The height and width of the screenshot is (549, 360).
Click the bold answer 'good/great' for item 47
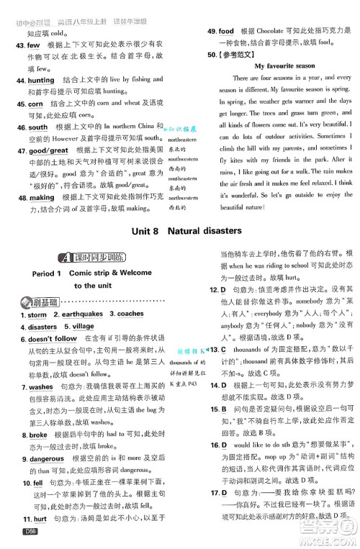click(x=48, y=150)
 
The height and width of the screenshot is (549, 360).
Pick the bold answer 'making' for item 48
click(x=41, y=197)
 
